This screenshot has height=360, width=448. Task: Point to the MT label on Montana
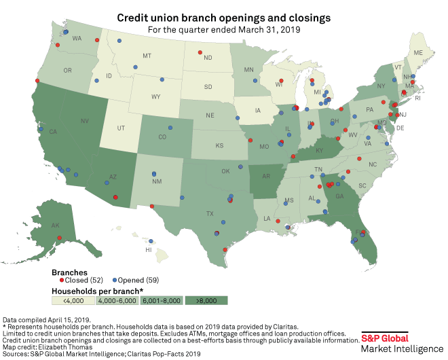[x=147, y=56]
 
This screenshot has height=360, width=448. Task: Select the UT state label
[x=121, y=128]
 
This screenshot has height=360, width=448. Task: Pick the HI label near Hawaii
[x=148, y=250]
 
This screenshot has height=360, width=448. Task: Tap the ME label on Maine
[x=419, y=53]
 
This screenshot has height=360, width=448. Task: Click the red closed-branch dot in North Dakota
[x=200, y=52]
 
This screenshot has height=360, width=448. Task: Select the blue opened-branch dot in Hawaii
[x=151, y=240]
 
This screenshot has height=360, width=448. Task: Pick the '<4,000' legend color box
[x=73, y=300]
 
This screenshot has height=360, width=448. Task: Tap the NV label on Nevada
[x=85, y=121]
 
